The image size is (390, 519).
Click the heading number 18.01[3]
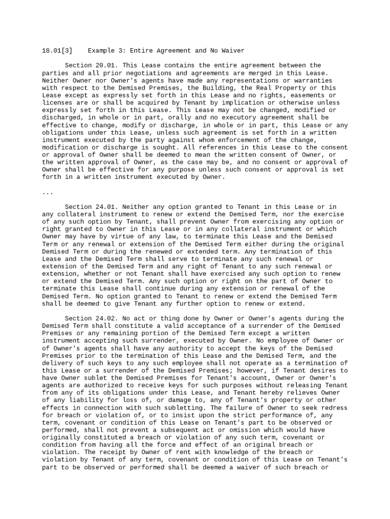57,51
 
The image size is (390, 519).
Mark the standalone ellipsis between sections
48,192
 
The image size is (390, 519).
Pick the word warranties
312,80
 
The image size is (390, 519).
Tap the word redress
335,407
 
